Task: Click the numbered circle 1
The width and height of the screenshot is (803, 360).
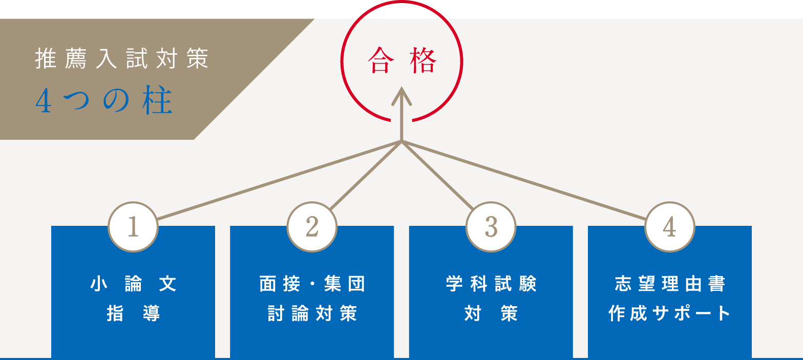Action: [133, 227]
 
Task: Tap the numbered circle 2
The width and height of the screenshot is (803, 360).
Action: [312, 227]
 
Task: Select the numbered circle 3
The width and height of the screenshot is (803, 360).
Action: [491, 227]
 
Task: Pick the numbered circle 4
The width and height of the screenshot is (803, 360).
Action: [669, 227]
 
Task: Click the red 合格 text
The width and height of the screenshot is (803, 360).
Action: [402, 62]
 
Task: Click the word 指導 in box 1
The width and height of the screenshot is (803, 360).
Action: [133, 313]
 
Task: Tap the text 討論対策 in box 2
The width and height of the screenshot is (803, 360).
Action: [312, 313]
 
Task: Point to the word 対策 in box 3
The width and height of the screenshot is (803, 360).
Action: [491, 313]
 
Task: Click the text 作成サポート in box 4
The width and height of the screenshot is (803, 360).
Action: [669, 313]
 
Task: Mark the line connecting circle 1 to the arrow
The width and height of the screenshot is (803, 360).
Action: [279, 180]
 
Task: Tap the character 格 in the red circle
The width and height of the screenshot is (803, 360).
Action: [423, 62]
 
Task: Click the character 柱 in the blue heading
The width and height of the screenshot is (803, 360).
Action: [158, 102]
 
